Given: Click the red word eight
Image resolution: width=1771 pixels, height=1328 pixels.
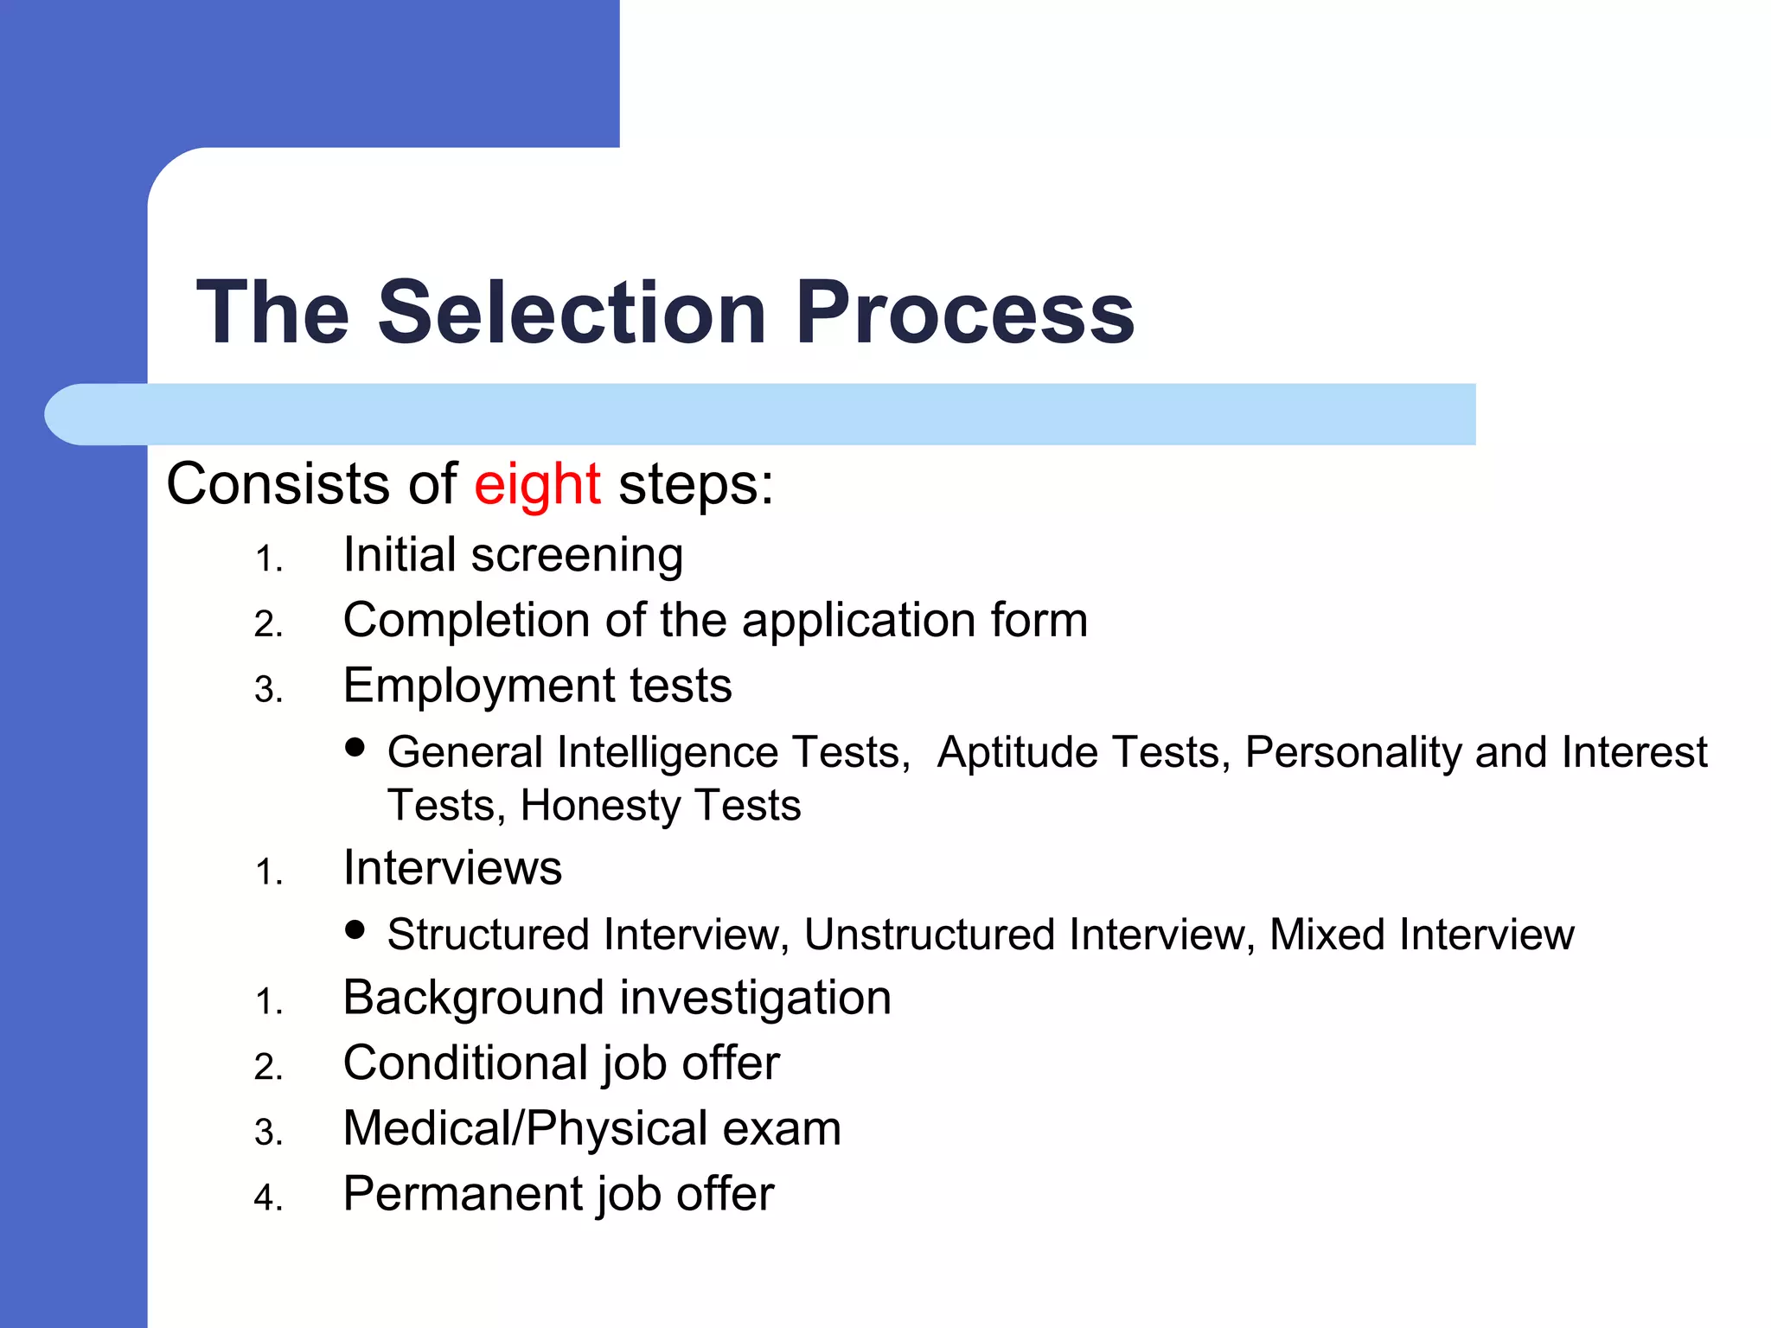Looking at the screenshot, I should [536, 484].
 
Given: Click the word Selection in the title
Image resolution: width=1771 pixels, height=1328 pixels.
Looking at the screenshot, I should [572, 312].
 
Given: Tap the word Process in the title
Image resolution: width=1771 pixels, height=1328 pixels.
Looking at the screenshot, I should [964, 312].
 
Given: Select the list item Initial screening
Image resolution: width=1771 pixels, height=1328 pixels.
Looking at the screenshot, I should [513, 555].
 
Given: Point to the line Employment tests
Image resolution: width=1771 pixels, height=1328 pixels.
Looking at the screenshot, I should [537, 686].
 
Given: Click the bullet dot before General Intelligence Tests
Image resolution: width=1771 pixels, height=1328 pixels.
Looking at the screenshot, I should [355, 747].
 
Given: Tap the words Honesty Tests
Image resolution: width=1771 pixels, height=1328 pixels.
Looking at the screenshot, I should [661, 806].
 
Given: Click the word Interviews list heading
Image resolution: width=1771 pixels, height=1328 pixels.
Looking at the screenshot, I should [452, 868].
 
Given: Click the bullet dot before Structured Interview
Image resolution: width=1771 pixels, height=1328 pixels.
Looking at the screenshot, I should [355, 929].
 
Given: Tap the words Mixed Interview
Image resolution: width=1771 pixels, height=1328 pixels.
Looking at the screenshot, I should [1421, 935].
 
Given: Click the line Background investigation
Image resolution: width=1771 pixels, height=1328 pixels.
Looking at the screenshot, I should [617, 999].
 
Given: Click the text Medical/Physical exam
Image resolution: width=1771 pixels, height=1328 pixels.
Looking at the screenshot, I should [591, 1129].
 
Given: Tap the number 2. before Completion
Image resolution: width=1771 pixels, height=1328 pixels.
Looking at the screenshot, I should [268, 624].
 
